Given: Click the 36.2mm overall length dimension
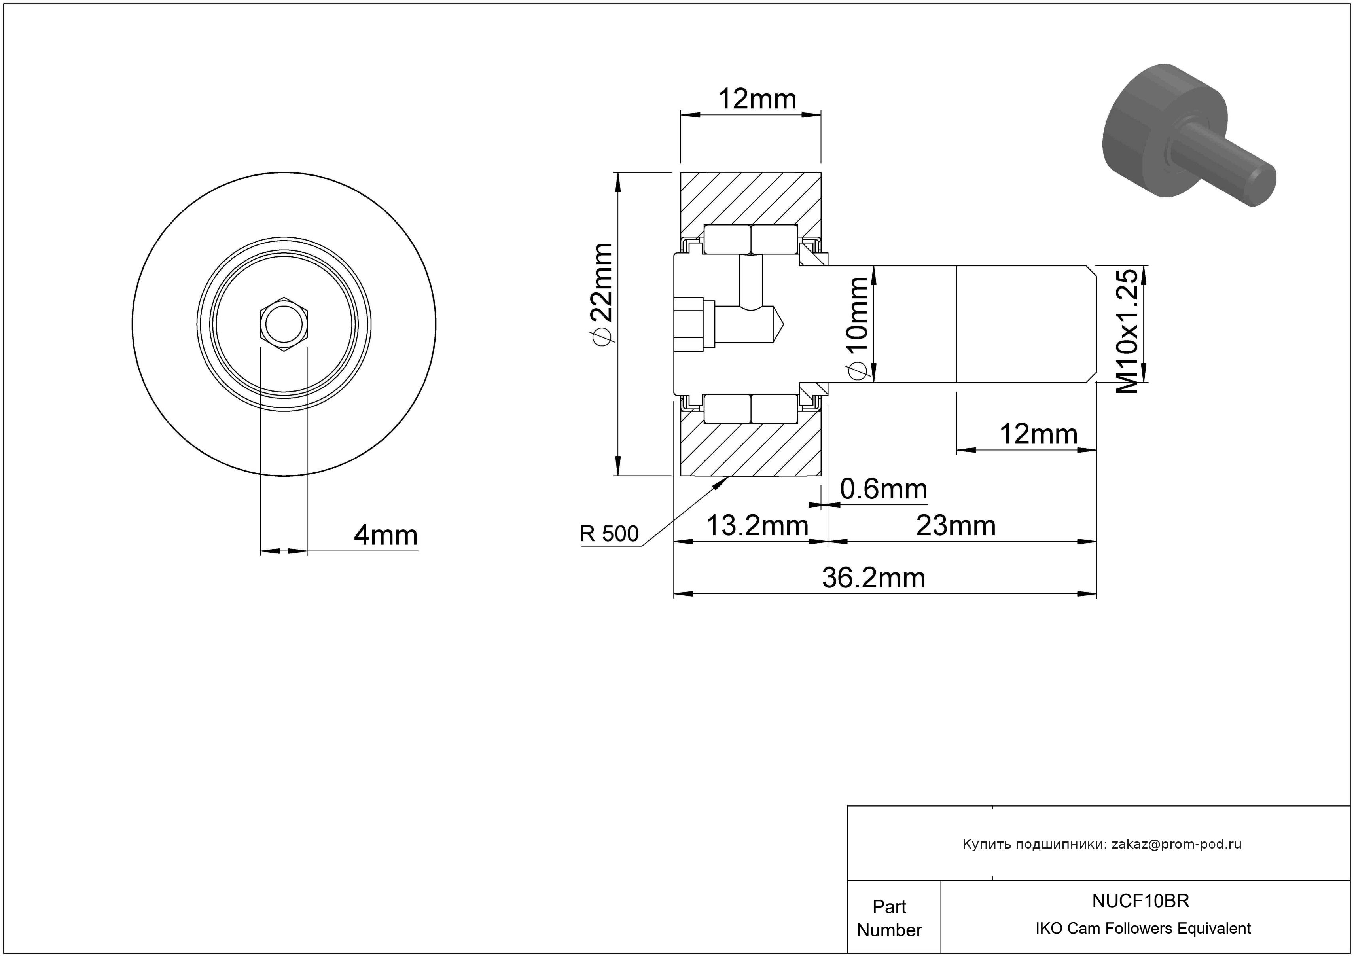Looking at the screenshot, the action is [x=873, y=578].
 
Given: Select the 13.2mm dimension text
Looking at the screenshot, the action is [x=757, y=525].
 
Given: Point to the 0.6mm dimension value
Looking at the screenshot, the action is [x=883, y=489].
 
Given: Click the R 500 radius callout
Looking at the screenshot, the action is [x=609, y=534].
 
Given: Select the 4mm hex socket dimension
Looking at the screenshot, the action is [x=386, y=535].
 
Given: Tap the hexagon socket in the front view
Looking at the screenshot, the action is [x=284, y=324].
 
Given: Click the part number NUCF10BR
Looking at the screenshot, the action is [x=1140, y=900].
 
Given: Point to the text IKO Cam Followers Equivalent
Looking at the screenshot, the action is [x=1143, y=928].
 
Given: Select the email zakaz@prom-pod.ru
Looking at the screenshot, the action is [x=1176, y=844].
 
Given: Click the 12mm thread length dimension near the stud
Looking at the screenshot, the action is [x=1038, y=434].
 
